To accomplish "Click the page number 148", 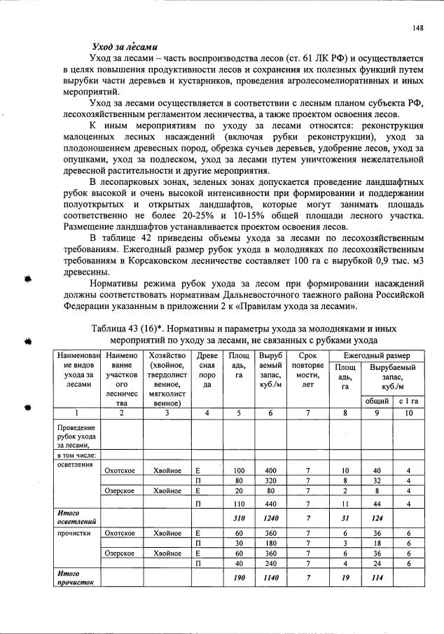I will click(x=418, y=29).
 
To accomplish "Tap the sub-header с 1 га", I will click(x=408, y=401).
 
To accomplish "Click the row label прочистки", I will click(x=71, y=533).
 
